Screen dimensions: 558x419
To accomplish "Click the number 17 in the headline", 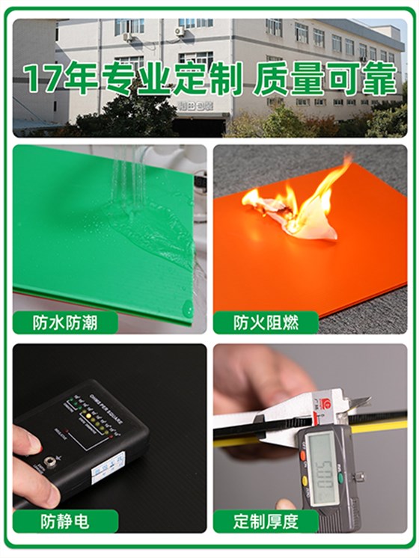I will pos(42,79).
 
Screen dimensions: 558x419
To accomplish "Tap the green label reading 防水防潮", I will pos(65,322).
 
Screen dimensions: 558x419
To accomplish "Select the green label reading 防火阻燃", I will pos(265,322).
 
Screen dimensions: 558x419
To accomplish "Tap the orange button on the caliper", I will pos(303,455).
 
